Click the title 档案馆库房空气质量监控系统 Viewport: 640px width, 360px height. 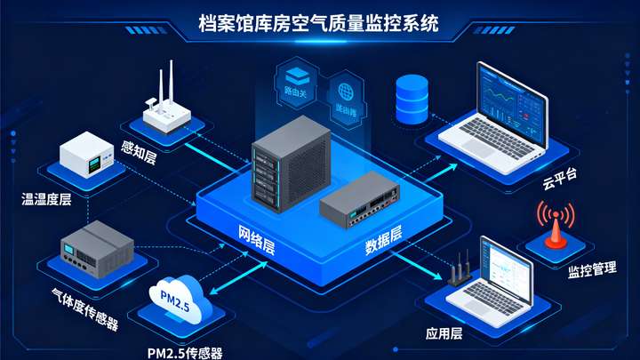pyautogui.click(x=319, y=24)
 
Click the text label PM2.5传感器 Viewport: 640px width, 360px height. pyautogui.click(x=185, y=351)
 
